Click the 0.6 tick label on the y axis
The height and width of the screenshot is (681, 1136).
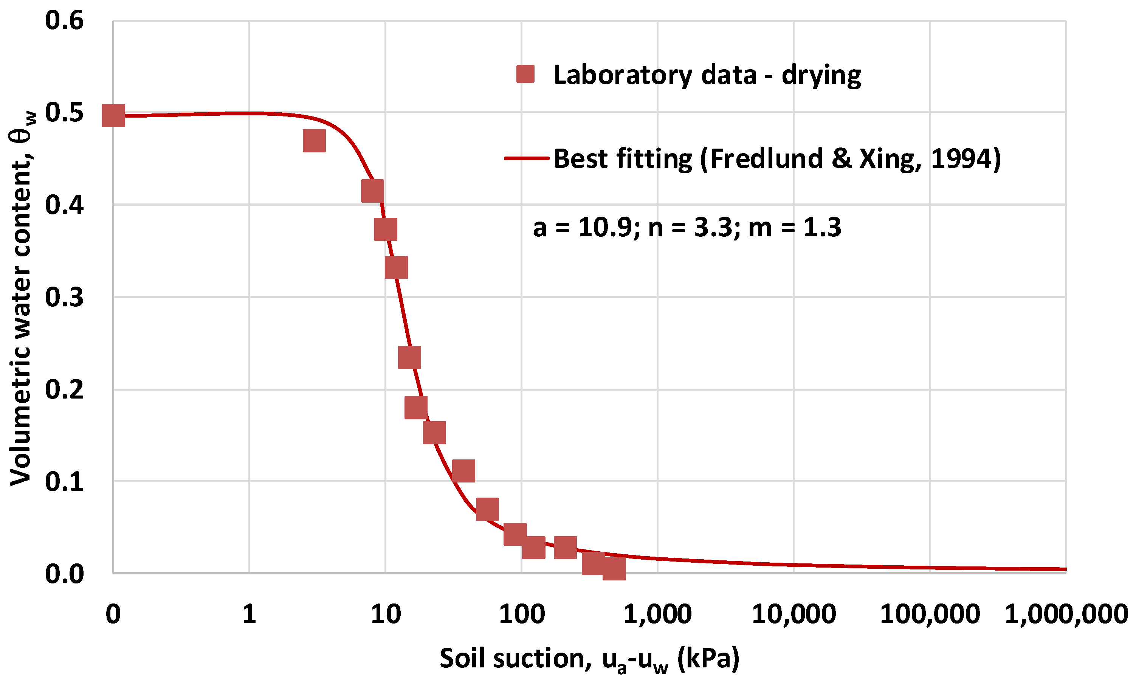pyautogui.click(x=64, y=21)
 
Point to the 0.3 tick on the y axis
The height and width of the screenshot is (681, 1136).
pyautogui.click(x=64, y=297)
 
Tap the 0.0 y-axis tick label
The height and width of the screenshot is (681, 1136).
pyautogui.click(x=64, y=574)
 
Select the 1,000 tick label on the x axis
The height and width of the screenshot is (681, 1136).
pyautogui.click(x=657, y=614)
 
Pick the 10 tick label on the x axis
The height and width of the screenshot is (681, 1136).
pyautogui.click(x=385, y=614)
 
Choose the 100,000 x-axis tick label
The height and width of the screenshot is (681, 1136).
pyautogui.click(x=930, y=614)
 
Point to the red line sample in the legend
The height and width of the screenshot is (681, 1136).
pyautogui.click(x=526, y=159)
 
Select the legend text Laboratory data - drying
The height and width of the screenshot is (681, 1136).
pyautogui.click(x=707, y=75)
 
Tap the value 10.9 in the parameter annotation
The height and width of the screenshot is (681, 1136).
pyautogui.click(x=605, y=227)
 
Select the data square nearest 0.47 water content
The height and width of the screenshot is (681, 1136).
pyautogui.click(x=314, y=140)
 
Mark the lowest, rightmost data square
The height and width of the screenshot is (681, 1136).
pyautogui.click(x=614, y=568)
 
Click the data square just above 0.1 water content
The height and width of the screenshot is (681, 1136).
pyautogui.click(x=463, y=471)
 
